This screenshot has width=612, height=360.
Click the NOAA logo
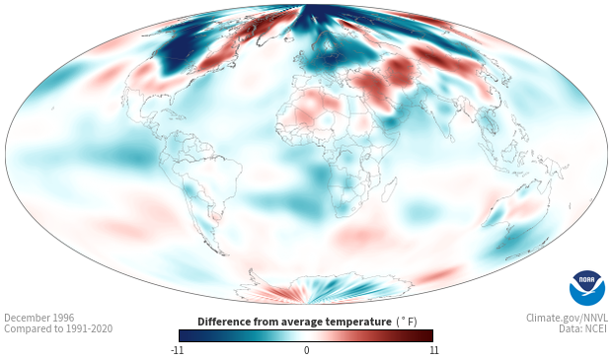(587, 287)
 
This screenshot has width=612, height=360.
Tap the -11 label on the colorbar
(177, 350)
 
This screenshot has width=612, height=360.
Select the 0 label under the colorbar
(306, 350)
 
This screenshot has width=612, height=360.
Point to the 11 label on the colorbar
(433, 350)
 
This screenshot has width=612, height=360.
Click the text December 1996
(39, 318)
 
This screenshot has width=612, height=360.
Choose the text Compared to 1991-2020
(58, 328)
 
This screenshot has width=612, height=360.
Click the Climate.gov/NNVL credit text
(567, 318)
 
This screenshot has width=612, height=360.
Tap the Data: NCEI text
(583, 328)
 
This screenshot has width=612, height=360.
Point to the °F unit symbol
(407, 322)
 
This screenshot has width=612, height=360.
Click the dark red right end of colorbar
(429, 335)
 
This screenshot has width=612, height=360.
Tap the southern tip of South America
(223, 254)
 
